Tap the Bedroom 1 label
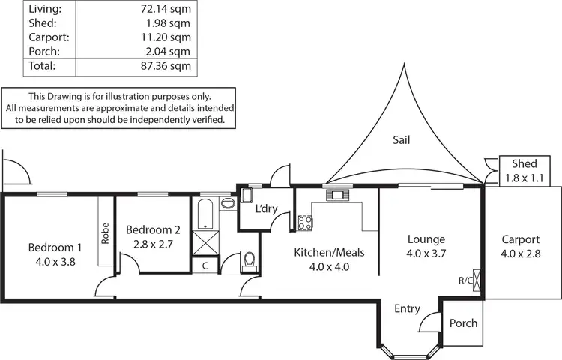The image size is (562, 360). point(55,247)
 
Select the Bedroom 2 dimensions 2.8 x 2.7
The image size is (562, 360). point(153,244)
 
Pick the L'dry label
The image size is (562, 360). point(268,208)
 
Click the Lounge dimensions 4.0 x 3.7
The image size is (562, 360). point(426,253)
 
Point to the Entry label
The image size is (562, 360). point(408,309)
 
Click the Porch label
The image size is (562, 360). point(463,323)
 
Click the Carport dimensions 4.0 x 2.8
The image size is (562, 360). point(520,253)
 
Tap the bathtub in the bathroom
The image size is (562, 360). point(206,214)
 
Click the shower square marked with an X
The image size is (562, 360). point(205,244)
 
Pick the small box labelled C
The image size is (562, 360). point(205,265)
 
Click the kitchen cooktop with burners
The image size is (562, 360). point(305,223)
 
